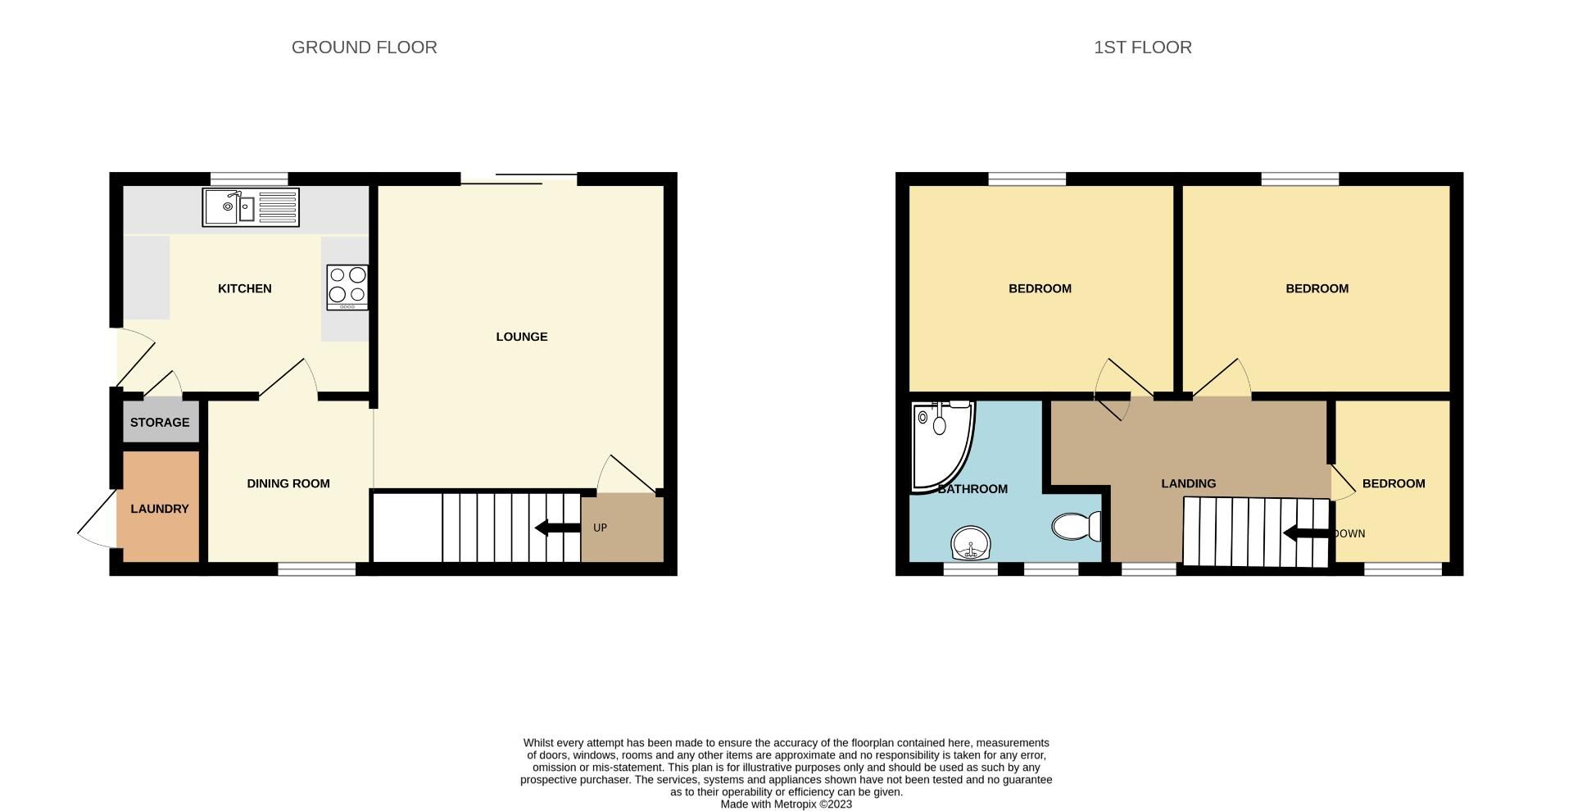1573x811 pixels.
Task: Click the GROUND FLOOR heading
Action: (x=364, y=48)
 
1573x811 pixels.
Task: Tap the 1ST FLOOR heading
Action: (x=1142, y=48)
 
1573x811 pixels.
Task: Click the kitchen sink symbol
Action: (x=251, y=207)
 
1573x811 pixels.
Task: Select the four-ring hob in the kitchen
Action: (x=347, y=287)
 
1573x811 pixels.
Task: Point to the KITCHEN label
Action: (x=244, y=288)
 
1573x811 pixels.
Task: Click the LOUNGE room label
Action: (x=521, y=337)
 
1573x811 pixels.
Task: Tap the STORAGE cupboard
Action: (x=160, y=423)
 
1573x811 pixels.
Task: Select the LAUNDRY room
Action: (x=160, y=509)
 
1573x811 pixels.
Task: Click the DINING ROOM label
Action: (x=288, y=483)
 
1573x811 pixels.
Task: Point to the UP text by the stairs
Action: (x=600, y=528)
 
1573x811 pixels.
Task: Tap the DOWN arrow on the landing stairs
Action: (x=1308, y=534)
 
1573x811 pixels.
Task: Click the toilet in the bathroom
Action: (x=1077, y=526)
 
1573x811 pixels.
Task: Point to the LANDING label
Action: (x=1188, y=483)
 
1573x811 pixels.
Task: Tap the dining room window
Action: (x=317, y=569)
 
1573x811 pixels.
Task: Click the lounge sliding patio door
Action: (x=519, y=179)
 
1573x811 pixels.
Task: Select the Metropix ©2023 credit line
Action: (x=786, y=804)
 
